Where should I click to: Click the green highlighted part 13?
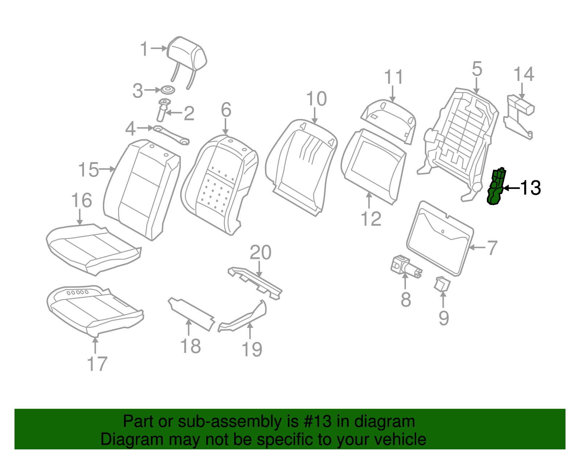click(x=496, y=187)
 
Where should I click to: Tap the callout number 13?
click(x=531, y=188)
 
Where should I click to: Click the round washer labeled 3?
click(x=168, y=90)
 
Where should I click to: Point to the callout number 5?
click(x=477, y=69)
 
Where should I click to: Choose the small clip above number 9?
click(x=442, y=284)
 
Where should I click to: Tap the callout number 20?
click(x=260, y=252)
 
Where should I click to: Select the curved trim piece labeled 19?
click(x=243, y=316)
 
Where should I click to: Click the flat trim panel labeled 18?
click(x=191, y=314)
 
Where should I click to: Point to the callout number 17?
click(x=97, y=363)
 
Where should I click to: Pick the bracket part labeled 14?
click(x=519, y=117)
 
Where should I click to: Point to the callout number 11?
click(x=394, y=77)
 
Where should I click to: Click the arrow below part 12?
click(x=369, y=200)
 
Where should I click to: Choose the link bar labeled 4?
click(x=171, y=135)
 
